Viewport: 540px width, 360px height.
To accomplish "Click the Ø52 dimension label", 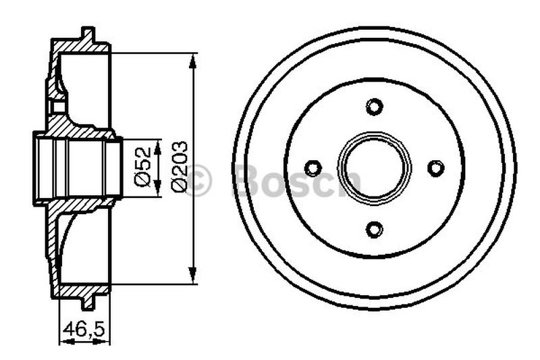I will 142,168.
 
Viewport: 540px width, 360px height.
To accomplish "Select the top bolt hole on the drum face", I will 374,107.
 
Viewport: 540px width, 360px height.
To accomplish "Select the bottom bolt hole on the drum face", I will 374,230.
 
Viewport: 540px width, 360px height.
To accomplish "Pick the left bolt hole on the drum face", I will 313,168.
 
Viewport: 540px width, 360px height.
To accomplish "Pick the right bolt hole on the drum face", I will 435,168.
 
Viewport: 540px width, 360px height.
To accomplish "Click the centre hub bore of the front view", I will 374,168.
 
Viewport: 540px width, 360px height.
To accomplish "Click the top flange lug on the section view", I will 87,33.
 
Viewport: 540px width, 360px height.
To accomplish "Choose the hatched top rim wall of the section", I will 81,47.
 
